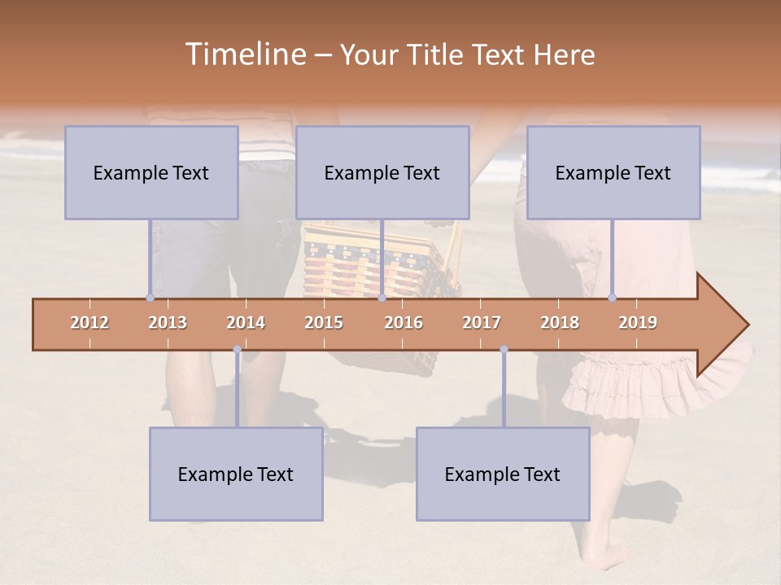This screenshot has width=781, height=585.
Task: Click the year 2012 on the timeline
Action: point(89,323)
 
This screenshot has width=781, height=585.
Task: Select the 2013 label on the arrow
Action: point(168,323)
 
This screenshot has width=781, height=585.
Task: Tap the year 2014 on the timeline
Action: point(246,323)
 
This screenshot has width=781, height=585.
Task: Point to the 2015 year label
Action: point(324,323)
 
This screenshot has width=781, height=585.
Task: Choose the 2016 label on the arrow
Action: point(404,323)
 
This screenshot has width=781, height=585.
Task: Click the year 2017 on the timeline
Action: point(482,323)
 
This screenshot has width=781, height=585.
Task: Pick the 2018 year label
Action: point(560,323)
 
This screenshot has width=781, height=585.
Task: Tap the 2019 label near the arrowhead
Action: point(638,323)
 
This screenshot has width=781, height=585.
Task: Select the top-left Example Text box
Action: point(151,172)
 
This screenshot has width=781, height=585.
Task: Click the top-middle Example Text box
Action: point(382,172)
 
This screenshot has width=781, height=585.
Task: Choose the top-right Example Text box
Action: point(613,172)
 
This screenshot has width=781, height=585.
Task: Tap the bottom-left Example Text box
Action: point(236,474)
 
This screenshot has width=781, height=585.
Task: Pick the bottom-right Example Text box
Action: point(503,474)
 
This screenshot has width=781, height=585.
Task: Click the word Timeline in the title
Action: point(244,54)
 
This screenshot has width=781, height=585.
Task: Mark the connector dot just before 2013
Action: point(150,297)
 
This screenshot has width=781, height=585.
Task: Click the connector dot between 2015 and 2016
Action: point(382,297)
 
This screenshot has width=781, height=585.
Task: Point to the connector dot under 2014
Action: point(237,349)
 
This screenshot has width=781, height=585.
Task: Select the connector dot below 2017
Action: point(504,349)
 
